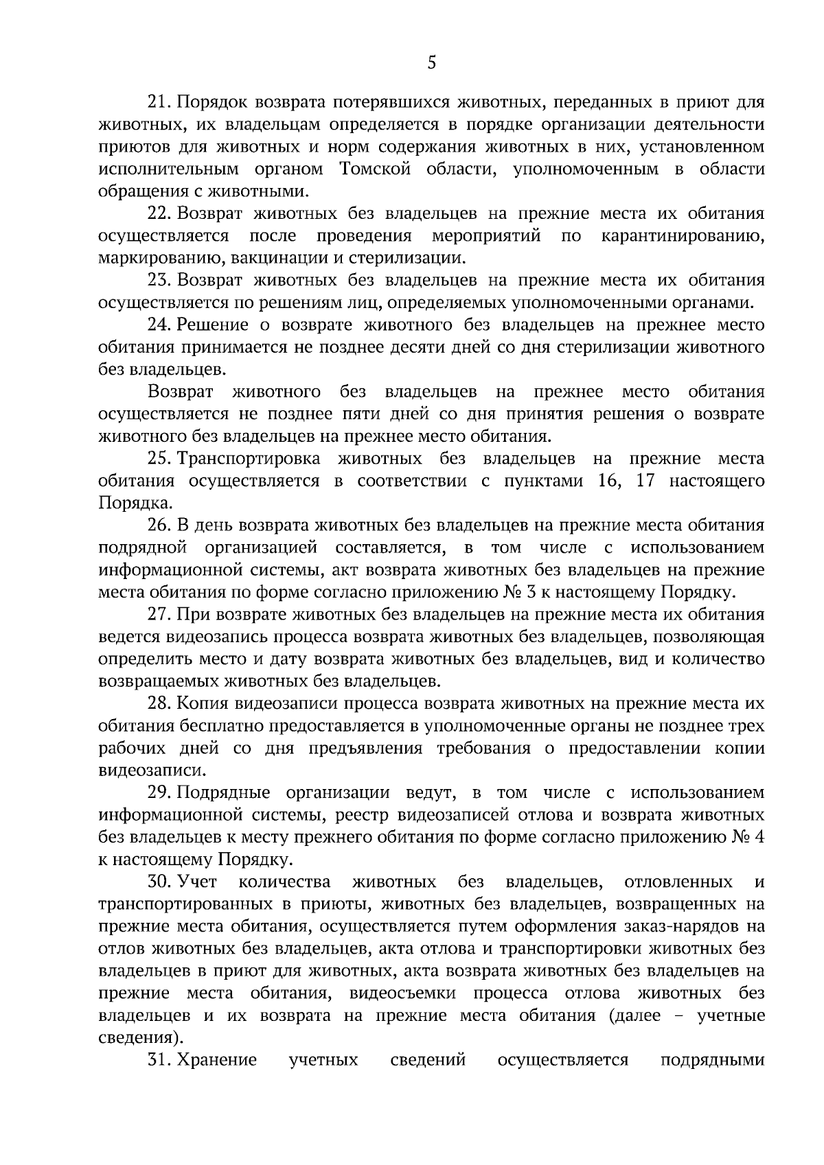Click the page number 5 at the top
coord(431,64)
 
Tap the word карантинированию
coord(683,236)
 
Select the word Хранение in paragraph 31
coord(217,1060)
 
